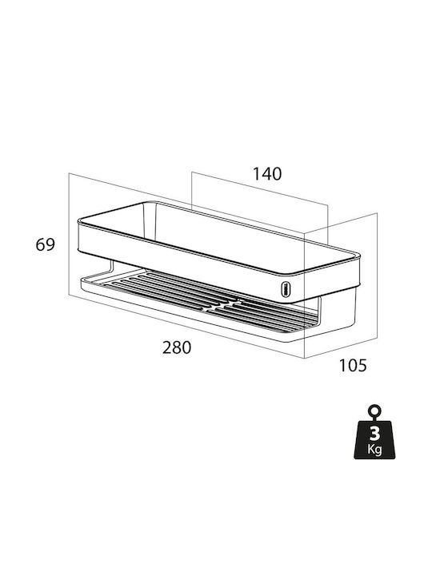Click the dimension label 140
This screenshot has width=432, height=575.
click(267, 174)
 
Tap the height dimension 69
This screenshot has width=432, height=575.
click(45, 244)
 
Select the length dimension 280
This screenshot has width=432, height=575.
click(177, 347)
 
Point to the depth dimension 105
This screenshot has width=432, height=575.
click(352, 365)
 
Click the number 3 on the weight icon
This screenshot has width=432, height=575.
click(374, 434)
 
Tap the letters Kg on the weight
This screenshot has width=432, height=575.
click(374, 449)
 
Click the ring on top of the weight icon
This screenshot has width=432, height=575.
click(375, 410)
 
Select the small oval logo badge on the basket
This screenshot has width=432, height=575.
click(285, 288)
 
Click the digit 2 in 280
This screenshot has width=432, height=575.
click(167, 347)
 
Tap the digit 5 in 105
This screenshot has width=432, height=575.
click(362, 365)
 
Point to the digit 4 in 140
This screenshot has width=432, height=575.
click(266, 174)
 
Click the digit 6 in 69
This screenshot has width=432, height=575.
click(41, 244)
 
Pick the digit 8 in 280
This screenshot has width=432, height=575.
click(177, 347)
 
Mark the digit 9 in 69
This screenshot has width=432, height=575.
click(50, 244)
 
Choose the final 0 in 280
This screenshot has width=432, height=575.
click(186, 347)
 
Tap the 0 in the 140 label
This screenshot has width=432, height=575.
click(277, 174)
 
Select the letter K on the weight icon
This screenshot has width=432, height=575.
click(371, 448)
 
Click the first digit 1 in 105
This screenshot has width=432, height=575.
click(342, 365)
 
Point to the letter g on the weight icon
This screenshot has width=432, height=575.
click(378, 450)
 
